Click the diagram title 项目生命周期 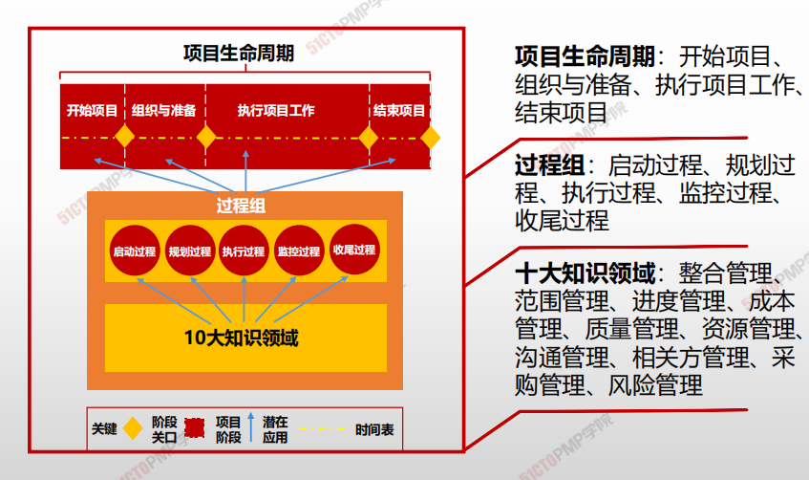[x=239, y=54]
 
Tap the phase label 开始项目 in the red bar [x=92, y=110]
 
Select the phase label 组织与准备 [x=164, y=110]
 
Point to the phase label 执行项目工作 [x=276, y=110]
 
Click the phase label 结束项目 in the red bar [x=399, y=110]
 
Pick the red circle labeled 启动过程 [x=135, y=251]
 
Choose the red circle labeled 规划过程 [x=190, y=251]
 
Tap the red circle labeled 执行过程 [x=244, y=251]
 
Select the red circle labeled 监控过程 [x=299, y=251]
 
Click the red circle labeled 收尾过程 [x=354, y=250]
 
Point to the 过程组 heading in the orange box [x=241, y=206]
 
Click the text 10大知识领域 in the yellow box [x=241, y=338]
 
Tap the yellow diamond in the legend [x=133, y=428]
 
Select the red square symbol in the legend [x=195, y=427]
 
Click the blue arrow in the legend [x=251, y=427]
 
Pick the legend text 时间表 [x=374, y=429]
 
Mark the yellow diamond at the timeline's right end [x=431, y=138]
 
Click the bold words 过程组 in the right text [x=549, y=165]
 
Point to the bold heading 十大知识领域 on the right [x=585, y=273]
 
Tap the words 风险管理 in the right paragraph [x=655, y=385]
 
